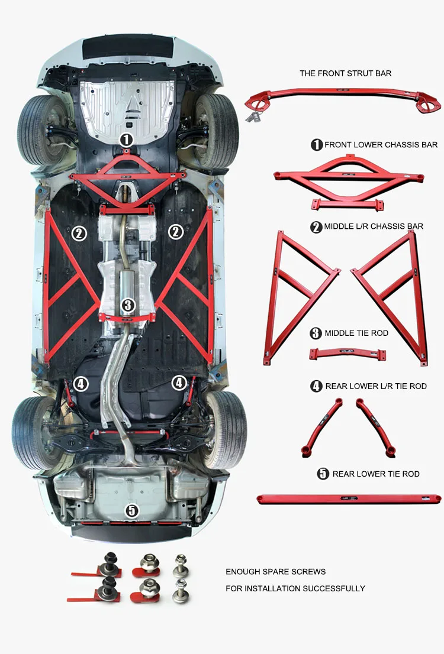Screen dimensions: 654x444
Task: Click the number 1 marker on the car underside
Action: [x=126, y=140]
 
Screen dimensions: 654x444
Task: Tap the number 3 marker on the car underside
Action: [x=128, y=305]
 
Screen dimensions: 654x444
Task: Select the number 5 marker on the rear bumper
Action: [x=131, y=510]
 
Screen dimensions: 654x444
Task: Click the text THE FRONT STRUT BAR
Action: [x=345, y=73]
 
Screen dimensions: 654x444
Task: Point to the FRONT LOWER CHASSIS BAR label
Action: [x=381, y=145]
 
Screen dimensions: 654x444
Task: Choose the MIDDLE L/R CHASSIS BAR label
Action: [x=374, y=226]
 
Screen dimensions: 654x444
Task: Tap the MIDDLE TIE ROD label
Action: [x=356, y=334]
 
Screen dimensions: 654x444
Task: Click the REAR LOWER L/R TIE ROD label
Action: [x=376, y=386]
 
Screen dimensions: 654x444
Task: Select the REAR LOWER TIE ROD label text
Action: [x=376, y=474]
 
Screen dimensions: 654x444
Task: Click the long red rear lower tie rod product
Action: [x=349, y=500]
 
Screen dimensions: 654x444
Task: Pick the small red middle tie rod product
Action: [x=348, y=354]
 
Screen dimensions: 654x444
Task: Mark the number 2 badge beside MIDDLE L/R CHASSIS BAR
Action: [x=316, y=226]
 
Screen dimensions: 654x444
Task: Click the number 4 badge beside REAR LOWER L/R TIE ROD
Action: [x=316, y=386]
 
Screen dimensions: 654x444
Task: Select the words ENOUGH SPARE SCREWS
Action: [x=275, y=572]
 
